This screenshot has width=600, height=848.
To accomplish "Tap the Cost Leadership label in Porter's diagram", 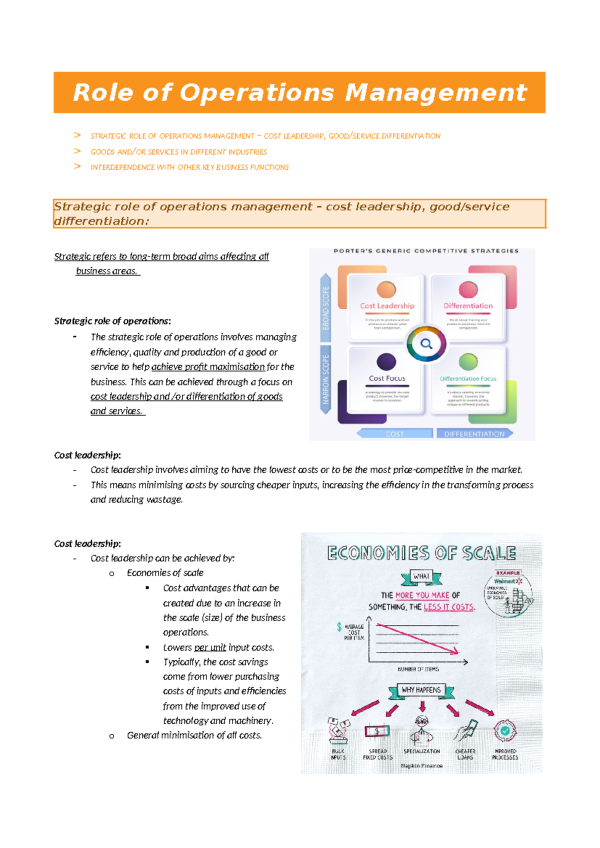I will [x=387, y=305].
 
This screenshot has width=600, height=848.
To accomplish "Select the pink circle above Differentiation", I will [x=468, y=289].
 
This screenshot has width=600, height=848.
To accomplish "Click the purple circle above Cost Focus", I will [x=386, y=361].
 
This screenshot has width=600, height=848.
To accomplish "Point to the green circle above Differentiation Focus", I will [x=468, y=361].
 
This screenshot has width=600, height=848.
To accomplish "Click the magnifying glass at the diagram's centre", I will [x=426, y=343].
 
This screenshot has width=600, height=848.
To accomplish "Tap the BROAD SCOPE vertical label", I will [x=325, y=307].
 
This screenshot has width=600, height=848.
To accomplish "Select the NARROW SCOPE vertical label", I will [x=325, y=379].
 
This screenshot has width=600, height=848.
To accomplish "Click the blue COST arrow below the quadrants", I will [x=394, y=433].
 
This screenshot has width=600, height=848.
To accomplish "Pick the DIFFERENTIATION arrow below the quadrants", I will [x=474, y=433].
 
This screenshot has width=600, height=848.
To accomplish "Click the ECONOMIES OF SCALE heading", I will [x=421, y=553].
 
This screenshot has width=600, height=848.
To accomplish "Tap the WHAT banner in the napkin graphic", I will [x=421, y=576].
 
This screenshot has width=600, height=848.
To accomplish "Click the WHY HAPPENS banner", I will [x=421, y=690].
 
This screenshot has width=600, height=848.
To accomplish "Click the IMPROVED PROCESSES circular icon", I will [x=505, y=730].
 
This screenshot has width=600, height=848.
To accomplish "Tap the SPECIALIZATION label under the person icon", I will [x=421, y=751].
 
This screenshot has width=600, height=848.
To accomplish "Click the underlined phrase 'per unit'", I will [x=210, y=647].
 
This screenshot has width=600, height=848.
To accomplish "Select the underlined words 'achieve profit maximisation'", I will [x=208, y=366].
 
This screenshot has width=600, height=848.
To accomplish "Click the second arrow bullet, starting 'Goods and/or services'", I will [x=178, y=151].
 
